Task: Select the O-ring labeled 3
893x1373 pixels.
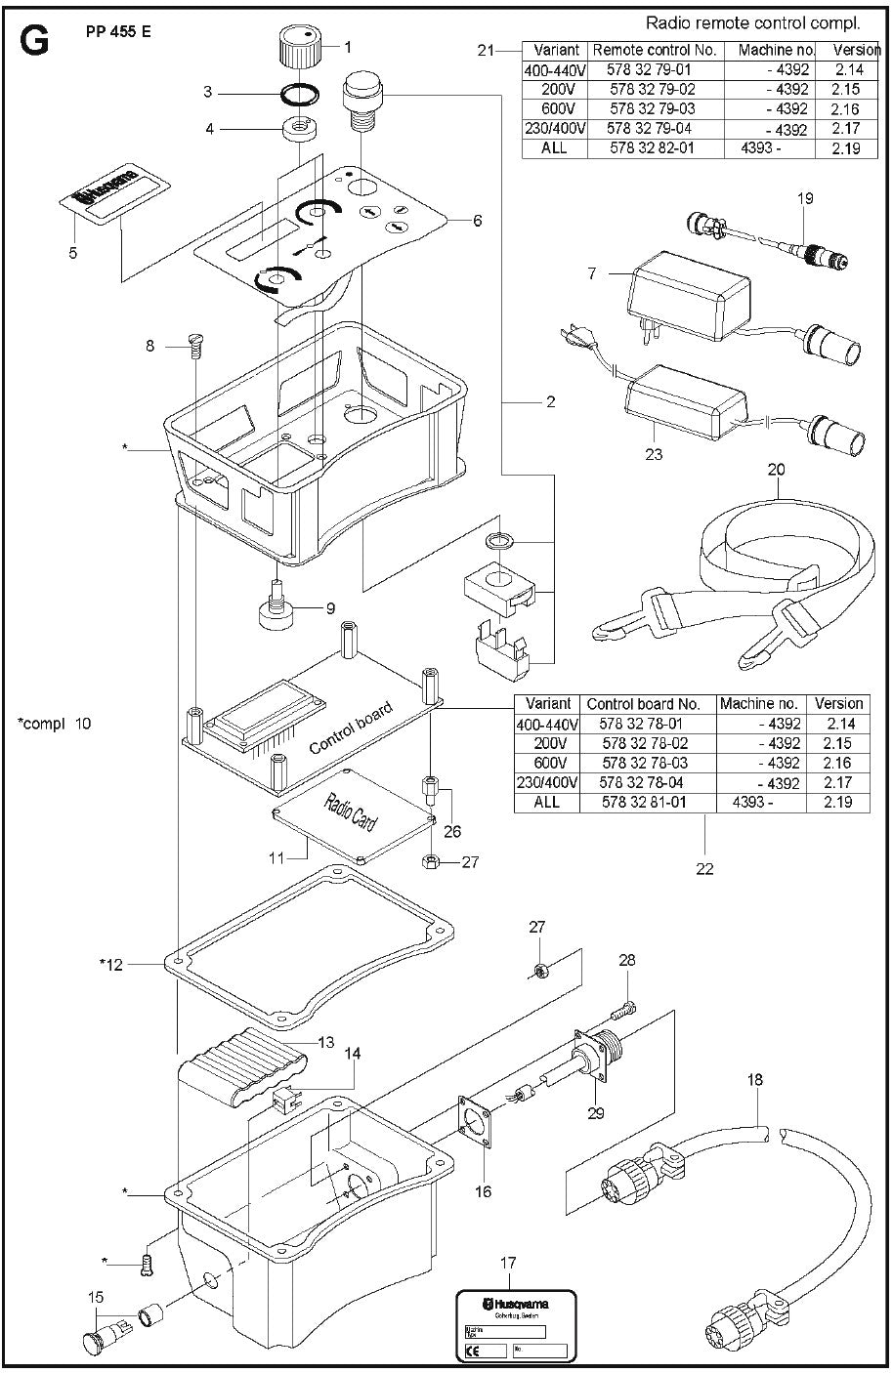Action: point(297,94)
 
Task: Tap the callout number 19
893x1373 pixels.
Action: point(804,198)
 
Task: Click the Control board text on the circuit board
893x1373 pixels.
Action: point(350,728)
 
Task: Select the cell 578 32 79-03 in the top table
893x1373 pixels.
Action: point(653,108)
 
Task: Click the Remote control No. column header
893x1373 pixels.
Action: point(655,50)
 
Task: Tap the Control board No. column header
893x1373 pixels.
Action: point(643,703)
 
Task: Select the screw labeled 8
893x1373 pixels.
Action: point(194,342)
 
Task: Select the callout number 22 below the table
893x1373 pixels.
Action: point(704,868)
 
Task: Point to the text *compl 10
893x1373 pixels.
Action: point(54,724)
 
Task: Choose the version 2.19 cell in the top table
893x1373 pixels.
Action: point(846,148)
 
